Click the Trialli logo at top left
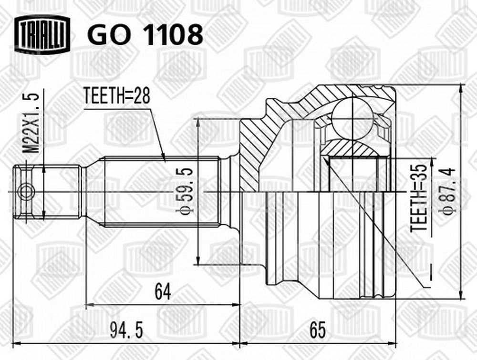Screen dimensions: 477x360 click(42, 34)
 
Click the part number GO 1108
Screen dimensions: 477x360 click(145, 34)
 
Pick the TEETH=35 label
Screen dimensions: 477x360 click(418, 198)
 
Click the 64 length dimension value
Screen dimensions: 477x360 click(163, 291)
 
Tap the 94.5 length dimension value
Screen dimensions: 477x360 click(126, 330)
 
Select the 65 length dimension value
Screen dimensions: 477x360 click(317, 330)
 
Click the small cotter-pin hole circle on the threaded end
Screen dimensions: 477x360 click(26, 192)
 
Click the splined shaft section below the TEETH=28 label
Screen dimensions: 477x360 click(162, 192)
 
